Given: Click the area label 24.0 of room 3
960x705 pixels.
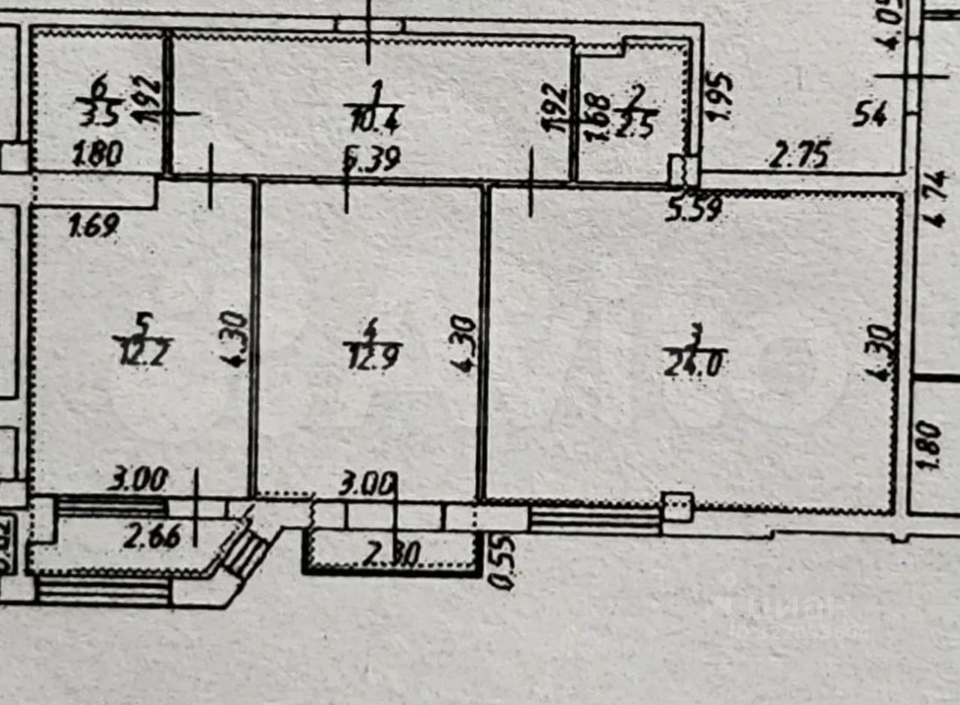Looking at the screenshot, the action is [694, 364].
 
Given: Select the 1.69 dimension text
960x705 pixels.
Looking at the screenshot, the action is [93, 225].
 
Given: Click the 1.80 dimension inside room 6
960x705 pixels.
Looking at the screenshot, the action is [97, 157].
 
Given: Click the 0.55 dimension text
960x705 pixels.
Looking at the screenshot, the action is [495, 562].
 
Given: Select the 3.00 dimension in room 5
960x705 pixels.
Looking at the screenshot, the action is [136, 478].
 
